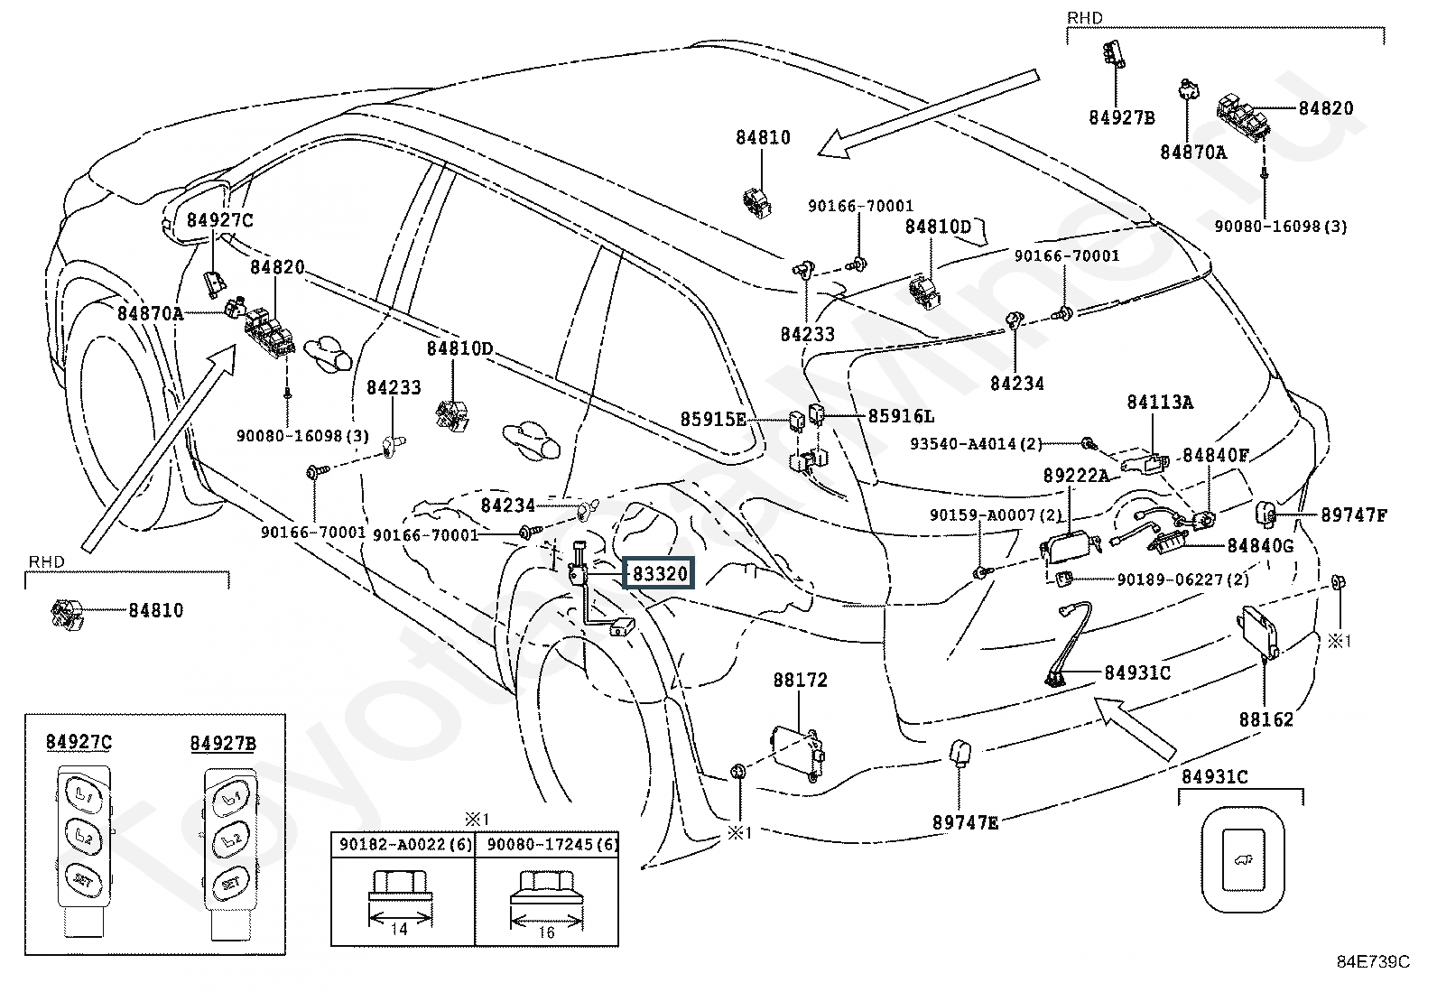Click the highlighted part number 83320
click(x=660, y=573)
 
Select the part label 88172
click(x=799, y=680)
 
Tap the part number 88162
click(x=1265, y=719)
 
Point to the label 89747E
click(x=965, y=822)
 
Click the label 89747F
click(x=1353, y=515)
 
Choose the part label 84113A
click(x=1159, y=403)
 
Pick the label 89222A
click(x=1076, y=475)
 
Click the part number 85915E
click(x=713, y=420)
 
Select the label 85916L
click(x=901, y=416)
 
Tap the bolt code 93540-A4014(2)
click(x=977, y=443)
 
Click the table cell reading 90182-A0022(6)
click(x=403, y=845)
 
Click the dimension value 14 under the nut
click(x=400, y=928)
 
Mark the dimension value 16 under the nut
click(x=545, y=932)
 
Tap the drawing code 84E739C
click(x=1372, y=962)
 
